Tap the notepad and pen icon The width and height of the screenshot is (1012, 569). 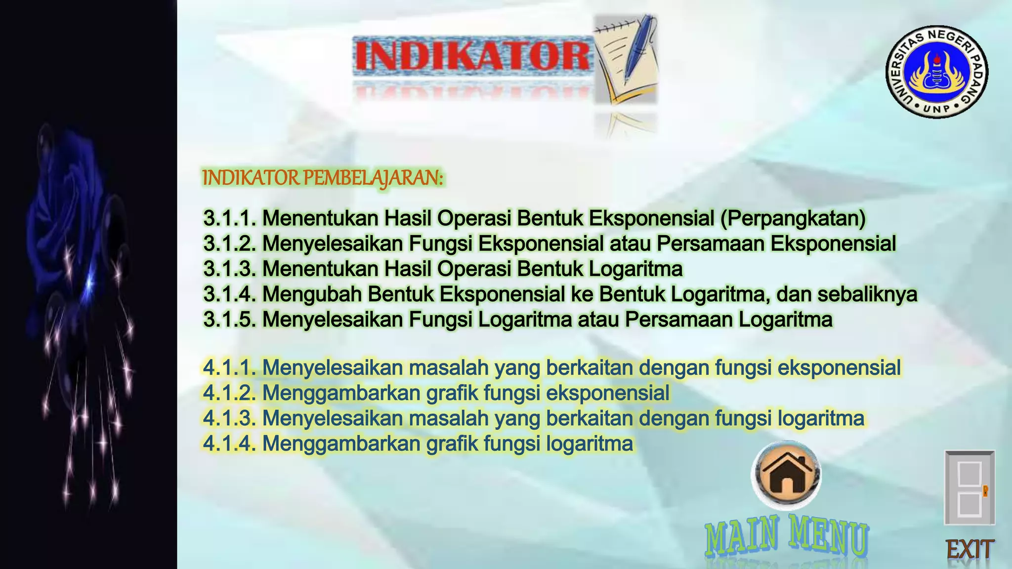(x=626, y=59)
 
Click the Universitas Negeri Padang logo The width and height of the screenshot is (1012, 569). (x=936, y=72)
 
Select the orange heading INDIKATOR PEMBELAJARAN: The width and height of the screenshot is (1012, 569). (x=323, y=178)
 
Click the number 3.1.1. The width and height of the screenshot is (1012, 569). (x=230, y=218)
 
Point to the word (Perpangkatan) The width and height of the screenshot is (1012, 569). (x=793, y=218)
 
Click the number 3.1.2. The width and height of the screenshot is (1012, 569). (x=230, y=244)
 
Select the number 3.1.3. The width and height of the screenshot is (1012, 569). (x=230, y=269)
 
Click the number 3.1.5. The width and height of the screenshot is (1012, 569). (x=230, y=319)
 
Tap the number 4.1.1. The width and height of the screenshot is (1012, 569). (x=230, y=367)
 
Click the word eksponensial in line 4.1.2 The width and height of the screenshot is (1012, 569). (x=608, y=393)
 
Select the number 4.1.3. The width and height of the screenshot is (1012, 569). (x=230, y=418)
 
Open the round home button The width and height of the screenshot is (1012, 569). (x=786, y=474)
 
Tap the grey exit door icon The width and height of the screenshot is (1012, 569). (x=969, y=488)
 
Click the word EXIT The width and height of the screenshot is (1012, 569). (x=969, y=549)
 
